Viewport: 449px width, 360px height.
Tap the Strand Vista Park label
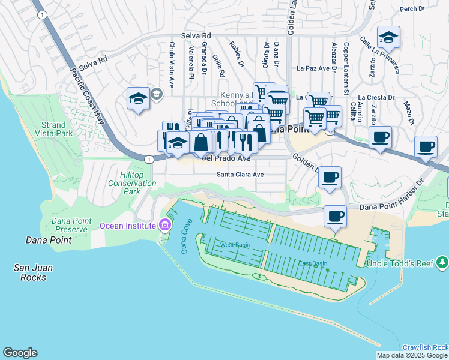[x=54, y=129]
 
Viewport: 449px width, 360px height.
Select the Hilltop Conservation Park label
[x=123, y=182]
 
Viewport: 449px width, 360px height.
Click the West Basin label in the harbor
[x=234, y=245]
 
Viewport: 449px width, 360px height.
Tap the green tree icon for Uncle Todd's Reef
[x=442, y=262]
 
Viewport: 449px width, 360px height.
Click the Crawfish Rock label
[x=425, y=347]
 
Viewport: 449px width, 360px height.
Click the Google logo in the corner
[x=20, y=353]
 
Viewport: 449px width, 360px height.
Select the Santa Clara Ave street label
[x=240, y=175]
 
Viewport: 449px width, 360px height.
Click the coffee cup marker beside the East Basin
[x=335, y=216]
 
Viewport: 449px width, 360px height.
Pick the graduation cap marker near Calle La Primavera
[x=388, y=37]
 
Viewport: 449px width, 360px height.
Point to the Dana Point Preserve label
[x=71, y=225]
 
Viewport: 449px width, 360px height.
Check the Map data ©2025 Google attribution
[x=412, y=355]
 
